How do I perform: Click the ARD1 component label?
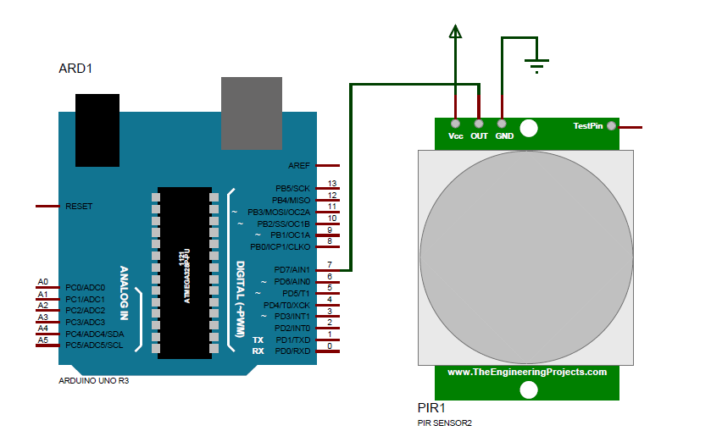pos(75,69)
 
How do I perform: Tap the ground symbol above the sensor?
pos(536,64)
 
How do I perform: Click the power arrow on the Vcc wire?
pos(456,31)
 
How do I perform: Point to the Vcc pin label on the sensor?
pos(455,135)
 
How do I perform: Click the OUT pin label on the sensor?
pos(480,135)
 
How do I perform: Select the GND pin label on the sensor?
pos(504,135)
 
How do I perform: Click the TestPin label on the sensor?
pos(588,126)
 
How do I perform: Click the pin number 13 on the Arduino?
pos(332,184)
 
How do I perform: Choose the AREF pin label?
pos(299,166)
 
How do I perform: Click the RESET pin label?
pos(79,206)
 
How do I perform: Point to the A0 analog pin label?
pos(43,282)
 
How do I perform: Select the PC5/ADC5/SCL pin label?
pos(94,345)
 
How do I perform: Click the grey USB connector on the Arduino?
pos(252,113)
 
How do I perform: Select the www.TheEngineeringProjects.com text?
pos(527,372)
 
